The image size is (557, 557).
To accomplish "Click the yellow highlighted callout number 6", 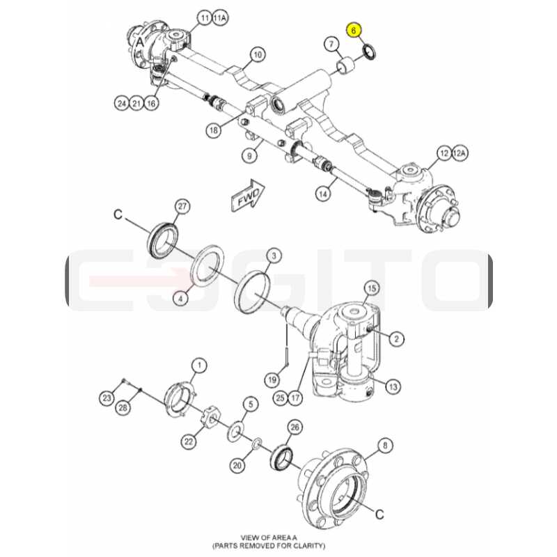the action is (x=354, y=31).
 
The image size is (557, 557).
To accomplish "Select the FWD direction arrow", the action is (x=248, y=196).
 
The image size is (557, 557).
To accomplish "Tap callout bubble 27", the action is (x=182, y=206).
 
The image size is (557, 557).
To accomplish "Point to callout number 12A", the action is (x=460, y=153).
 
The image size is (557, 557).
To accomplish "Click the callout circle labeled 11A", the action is (x=219, y=18).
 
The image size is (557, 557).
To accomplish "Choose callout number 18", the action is (x=214, y=130).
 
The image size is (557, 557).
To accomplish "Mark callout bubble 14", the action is (x=323, y=194).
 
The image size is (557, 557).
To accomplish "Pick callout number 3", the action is (x=274, y=256).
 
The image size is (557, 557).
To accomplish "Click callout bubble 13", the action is (x=393, y=386).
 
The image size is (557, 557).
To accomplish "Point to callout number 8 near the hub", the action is (x=386, y=446).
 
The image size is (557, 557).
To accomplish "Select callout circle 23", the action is (x=107, y=398).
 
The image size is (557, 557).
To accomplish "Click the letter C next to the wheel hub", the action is (x=379, y=514).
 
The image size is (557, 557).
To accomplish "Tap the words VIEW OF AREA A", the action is (x=269, y=538).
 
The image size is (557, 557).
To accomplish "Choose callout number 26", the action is (x=295, y=427).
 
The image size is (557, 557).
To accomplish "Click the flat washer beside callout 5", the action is (x=235, y=431).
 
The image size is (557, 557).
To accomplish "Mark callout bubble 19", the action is (x=272, y=380).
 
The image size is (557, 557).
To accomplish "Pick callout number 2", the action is (x=396, y=339).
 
